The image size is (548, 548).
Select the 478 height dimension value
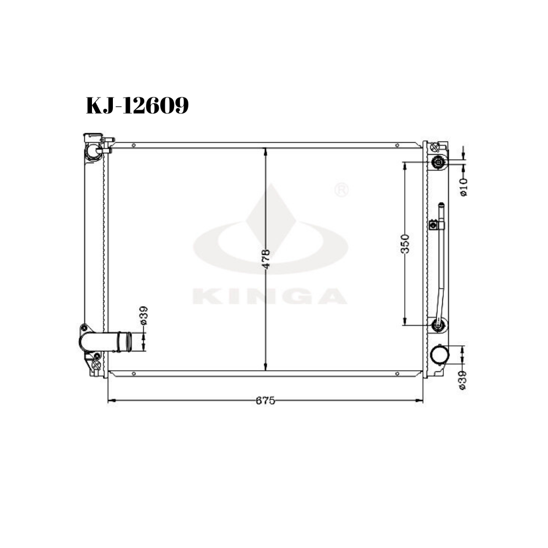click(x=266, y=259)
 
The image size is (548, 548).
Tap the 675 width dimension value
click(x=265, y=400)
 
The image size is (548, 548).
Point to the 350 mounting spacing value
click(x=405, y=243)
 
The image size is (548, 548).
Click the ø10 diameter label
click(x=463, y=187)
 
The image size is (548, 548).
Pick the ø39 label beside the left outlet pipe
click(x=144, y=316)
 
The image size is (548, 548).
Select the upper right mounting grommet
click(x=438, y=162)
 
